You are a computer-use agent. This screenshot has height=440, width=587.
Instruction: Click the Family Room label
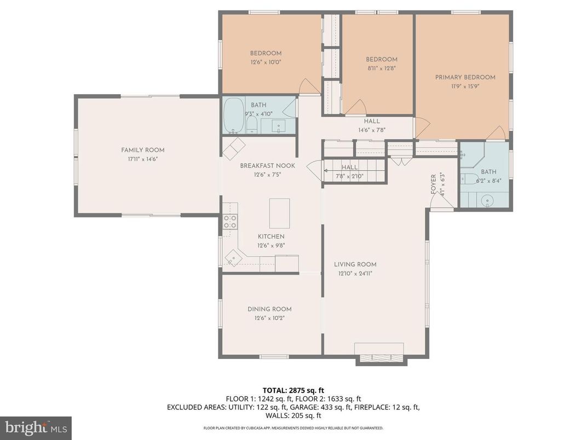(142, 150)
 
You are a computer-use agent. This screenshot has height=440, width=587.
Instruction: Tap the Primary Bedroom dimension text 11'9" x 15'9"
(465, 86)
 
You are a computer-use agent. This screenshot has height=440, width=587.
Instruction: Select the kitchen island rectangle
(279, 213)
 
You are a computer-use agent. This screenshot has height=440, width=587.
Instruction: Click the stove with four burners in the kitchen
(230, 222)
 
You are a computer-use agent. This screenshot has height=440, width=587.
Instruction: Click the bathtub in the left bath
(234, 115)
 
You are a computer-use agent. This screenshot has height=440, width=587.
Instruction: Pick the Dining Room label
(269, 309)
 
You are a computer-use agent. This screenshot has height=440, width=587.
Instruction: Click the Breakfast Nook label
(267, 166)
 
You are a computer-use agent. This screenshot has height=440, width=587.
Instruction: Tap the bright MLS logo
(36, 427)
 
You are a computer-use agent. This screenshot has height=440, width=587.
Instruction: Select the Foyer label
(433, 184)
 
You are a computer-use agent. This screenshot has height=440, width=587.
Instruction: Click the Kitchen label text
(271, 236)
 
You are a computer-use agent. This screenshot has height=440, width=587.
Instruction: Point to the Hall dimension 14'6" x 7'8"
(372, 130)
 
